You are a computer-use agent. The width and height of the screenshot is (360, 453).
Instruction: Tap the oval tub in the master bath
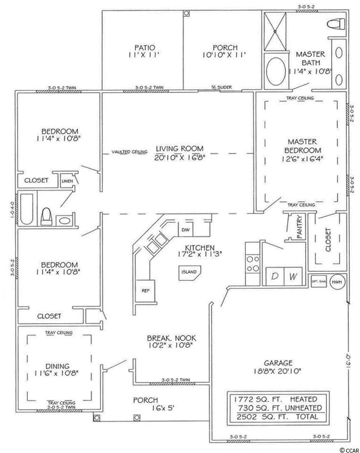(273, 71)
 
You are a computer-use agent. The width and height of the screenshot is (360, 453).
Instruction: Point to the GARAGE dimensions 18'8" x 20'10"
(278, 371)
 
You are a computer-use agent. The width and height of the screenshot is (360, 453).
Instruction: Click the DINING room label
(58, 366)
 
